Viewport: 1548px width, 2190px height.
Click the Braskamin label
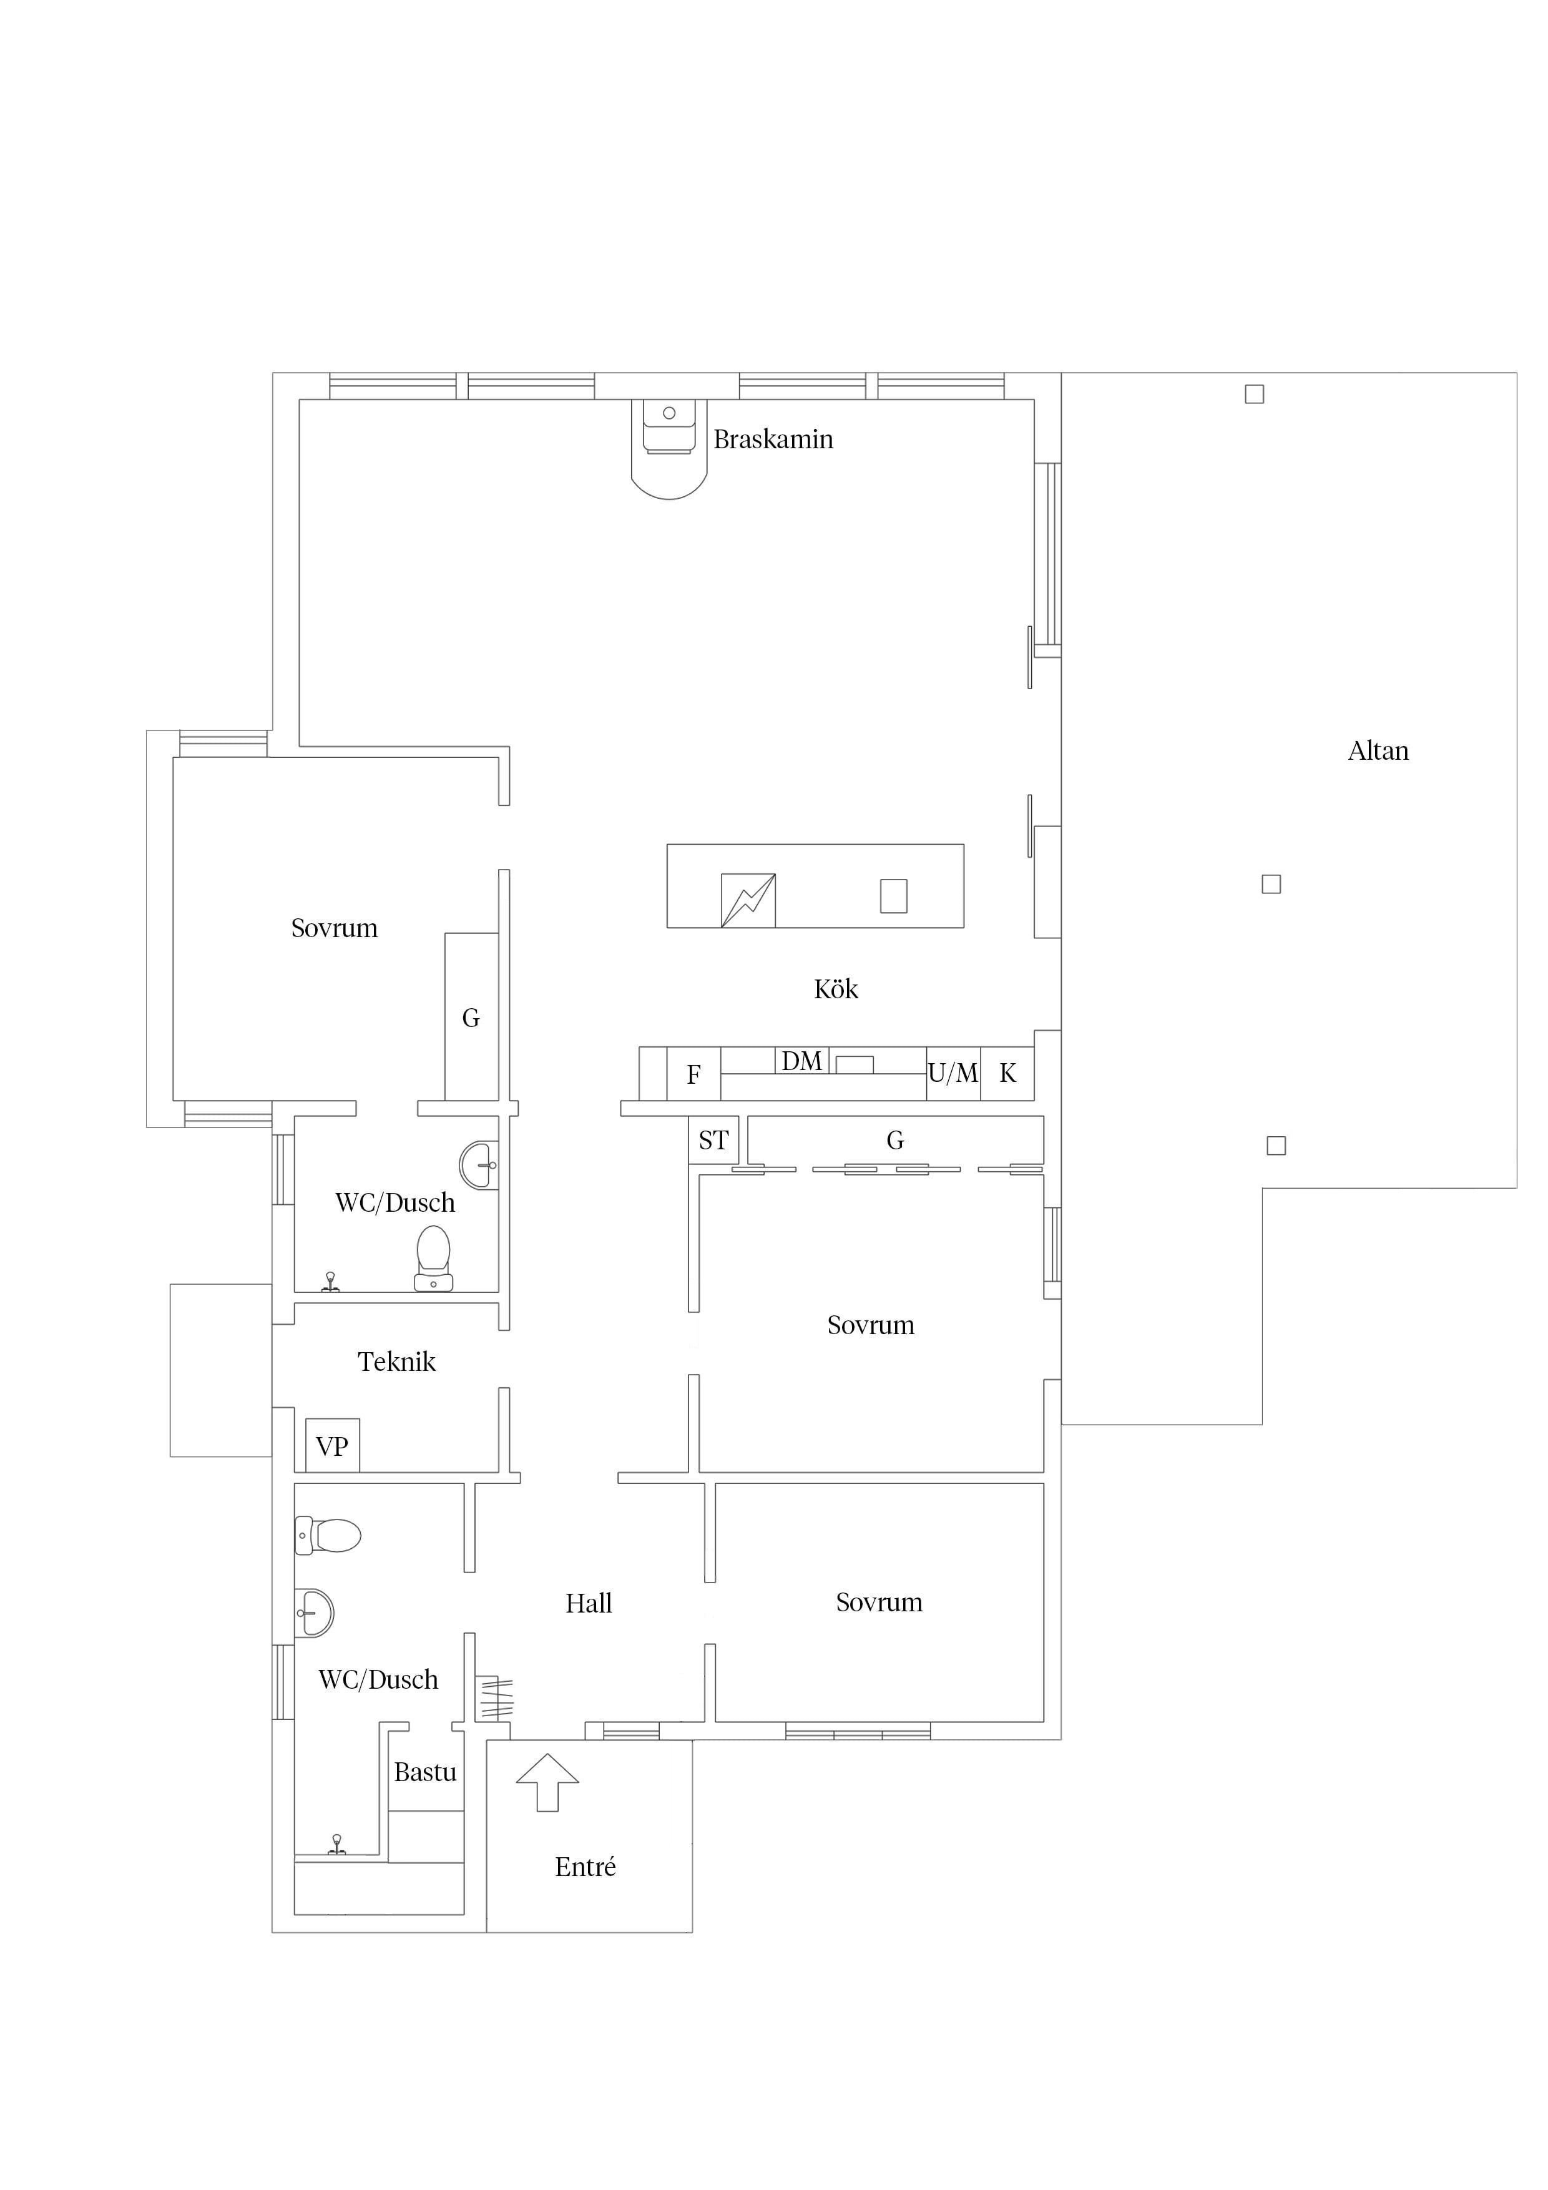773,439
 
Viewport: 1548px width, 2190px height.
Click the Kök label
836,988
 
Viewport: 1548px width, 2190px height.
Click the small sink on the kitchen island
894,896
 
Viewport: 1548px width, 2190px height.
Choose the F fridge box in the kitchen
693,1074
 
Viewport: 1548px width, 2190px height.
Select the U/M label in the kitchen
953,1073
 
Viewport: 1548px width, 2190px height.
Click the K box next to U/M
1007,1074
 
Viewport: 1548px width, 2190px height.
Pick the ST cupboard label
713,1140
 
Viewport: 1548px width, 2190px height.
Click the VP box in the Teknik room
332,1446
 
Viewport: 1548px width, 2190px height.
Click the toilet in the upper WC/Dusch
433,1258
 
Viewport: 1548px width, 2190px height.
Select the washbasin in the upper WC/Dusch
479,1165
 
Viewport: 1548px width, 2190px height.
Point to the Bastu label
426,1772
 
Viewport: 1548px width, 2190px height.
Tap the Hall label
589,1603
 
